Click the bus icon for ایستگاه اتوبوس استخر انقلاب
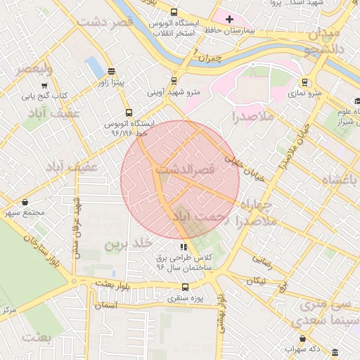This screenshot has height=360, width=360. point(174,12)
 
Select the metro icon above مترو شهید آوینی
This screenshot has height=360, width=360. point(175,80)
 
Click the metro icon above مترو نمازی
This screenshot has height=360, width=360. point(304,82)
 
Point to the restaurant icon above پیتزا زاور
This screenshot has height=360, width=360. point(111,71)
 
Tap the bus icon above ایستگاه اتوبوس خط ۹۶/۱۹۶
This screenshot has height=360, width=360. point(128,112)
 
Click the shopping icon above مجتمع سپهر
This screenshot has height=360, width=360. point(25,202)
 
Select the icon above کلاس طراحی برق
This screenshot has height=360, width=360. point(184,247)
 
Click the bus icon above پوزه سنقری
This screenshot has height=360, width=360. point(185,287)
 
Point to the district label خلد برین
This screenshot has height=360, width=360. point(128,244)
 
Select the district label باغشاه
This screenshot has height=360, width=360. point(340,180)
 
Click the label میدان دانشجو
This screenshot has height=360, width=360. point(323,40)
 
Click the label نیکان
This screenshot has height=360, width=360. point(256,281)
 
